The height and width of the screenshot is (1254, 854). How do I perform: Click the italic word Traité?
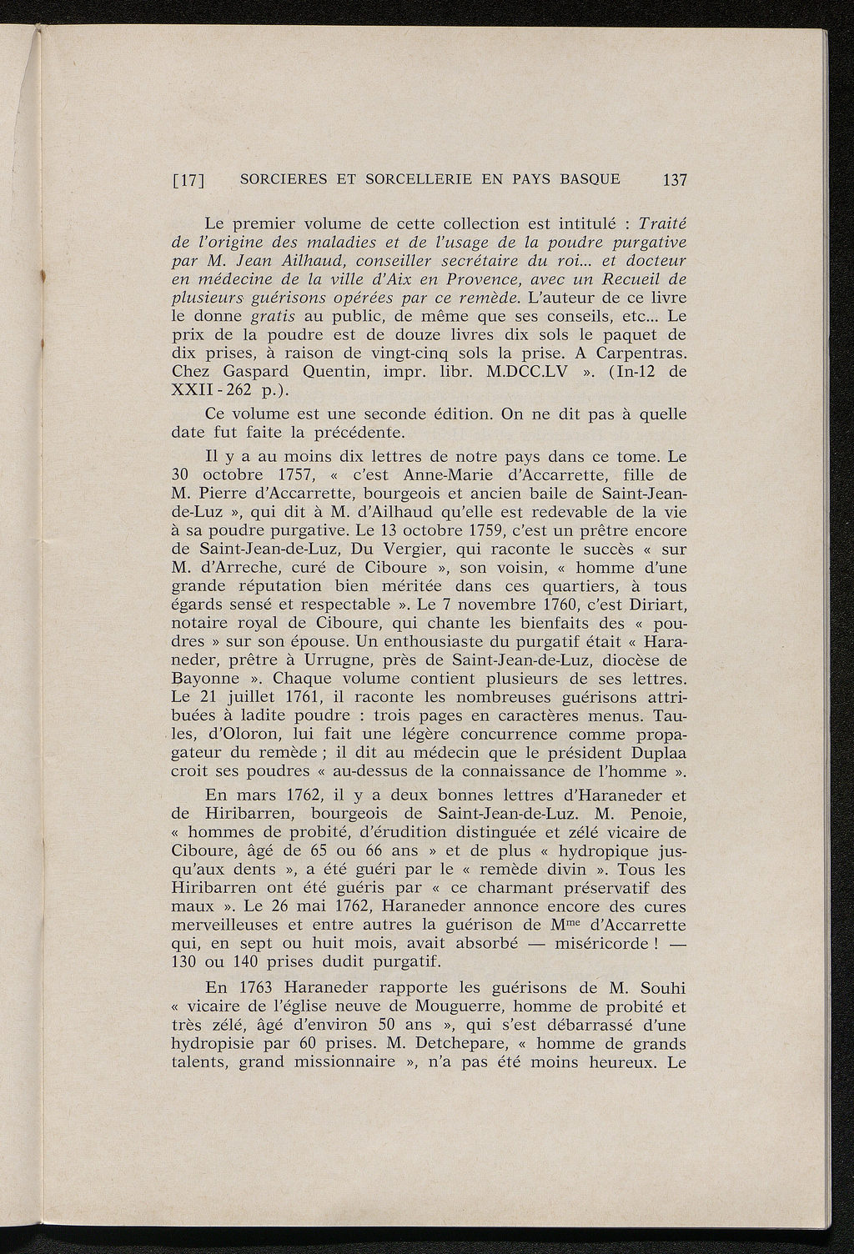click(x=661, y=223)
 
